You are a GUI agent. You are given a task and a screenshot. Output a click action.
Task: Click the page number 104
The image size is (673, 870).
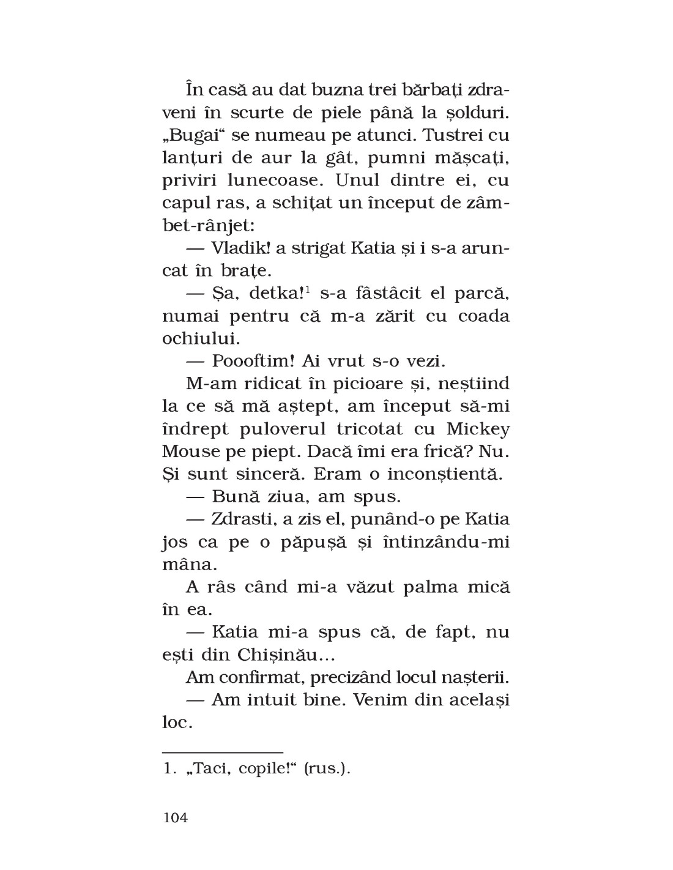176,817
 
